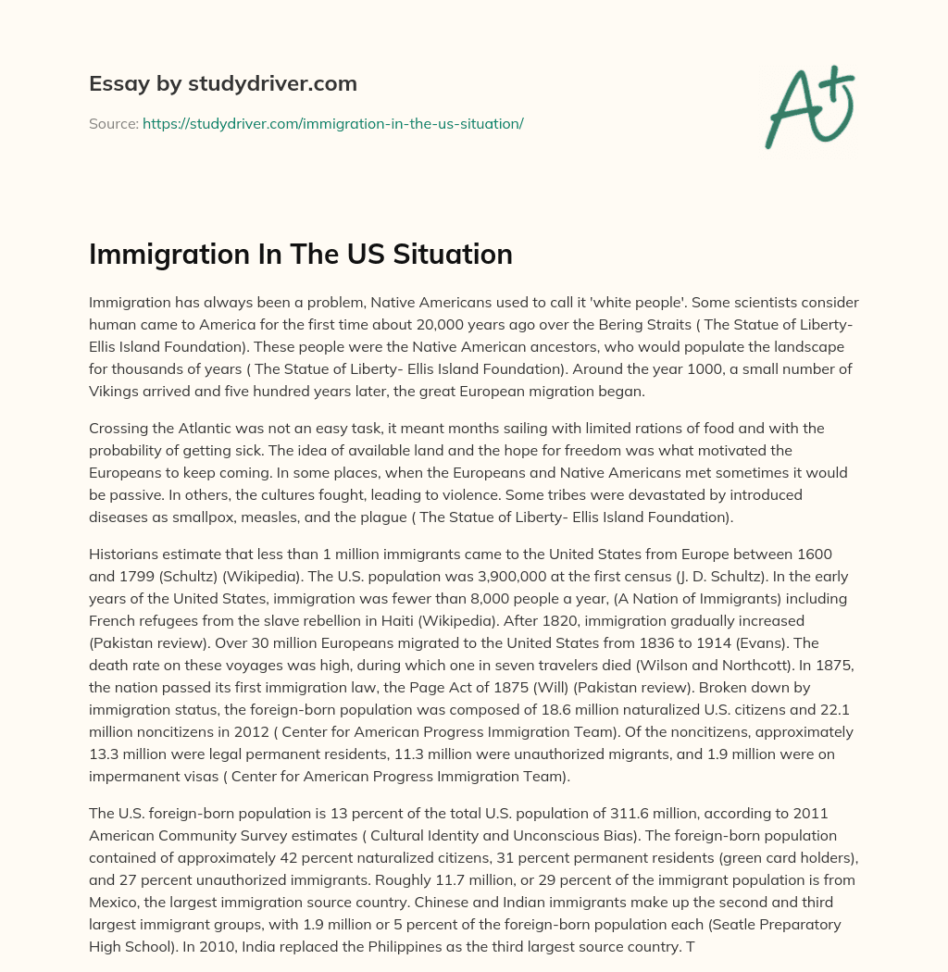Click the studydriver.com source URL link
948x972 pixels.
tap(332, 123)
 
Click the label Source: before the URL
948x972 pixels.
tap(114, 123)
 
